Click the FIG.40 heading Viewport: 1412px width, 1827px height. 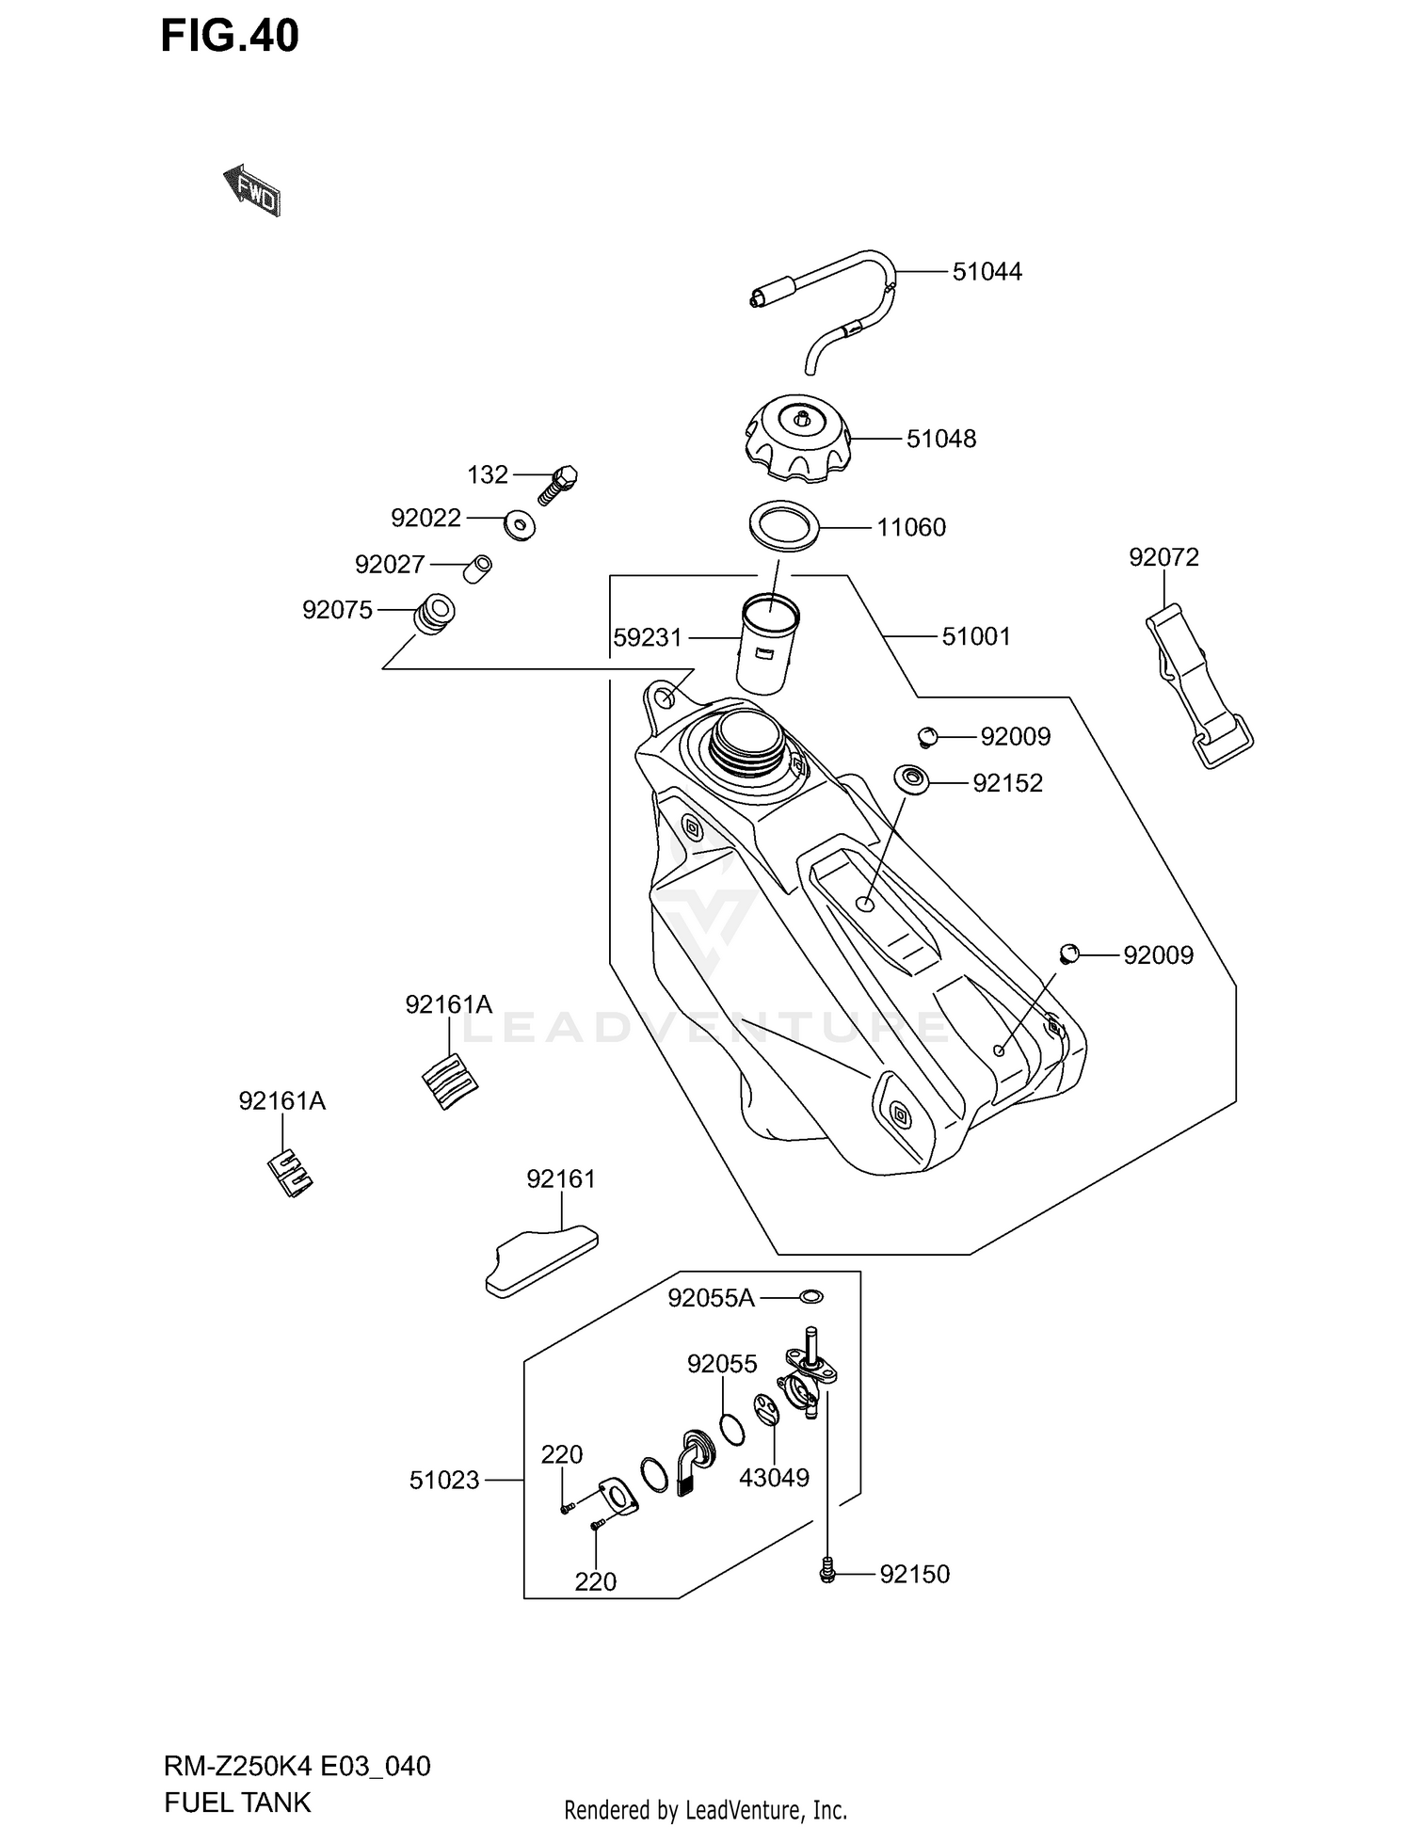point(230,37)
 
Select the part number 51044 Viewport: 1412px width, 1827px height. point(987,272)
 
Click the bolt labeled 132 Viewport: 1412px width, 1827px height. point(559,485)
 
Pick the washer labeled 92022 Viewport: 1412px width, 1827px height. point(520,525)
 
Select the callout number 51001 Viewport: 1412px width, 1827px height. point(976,637)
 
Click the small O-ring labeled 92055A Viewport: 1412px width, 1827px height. point(810,1297)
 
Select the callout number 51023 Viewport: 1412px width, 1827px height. point(444,1481)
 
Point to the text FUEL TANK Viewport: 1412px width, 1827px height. point(237,1802)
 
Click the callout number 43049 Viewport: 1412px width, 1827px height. point(774,1478)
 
